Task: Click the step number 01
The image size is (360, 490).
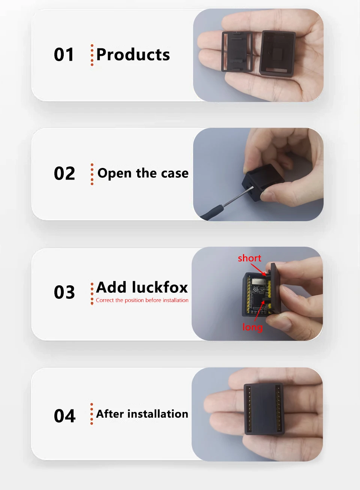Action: click(x=64, y=54)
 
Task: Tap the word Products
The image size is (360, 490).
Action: click(x=133, y=54)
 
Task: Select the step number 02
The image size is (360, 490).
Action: click(x=64, y=173)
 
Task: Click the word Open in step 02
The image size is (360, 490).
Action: click(x=114, y=174)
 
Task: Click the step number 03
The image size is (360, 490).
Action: click(x=64, y=292)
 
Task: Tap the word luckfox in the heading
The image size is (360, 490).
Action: click(x=160, y=287)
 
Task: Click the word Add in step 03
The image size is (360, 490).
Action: click(x=111, y=287)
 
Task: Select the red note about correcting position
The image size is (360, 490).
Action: click(x=142, y=300)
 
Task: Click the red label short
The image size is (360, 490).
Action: click(x=249, y=258)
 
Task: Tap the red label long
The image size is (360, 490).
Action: click(x=252, y=327)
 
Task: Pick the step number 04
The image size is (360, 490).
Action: click(x=64, y=416)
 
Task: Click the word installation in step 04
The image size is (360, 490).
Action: click(x=158, y=414)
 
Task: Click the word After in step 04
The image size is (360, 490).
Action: click(x=110, y=414)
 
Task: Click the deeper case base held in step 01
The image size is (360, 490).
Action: click(x=277, y=54)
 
